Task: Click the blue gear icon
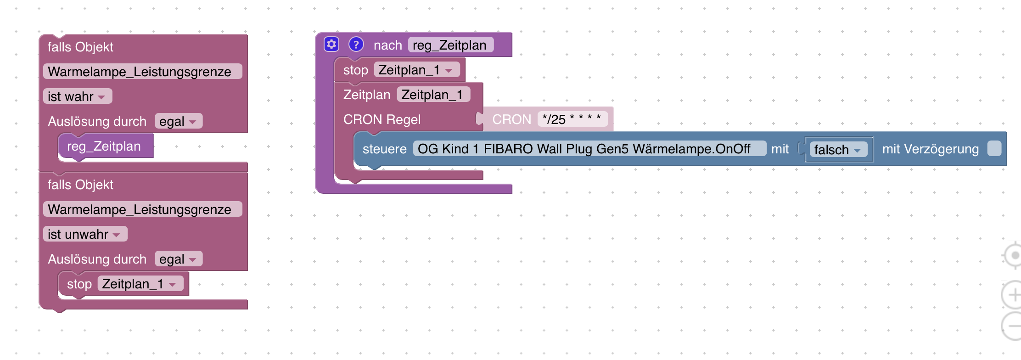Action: (331, 45)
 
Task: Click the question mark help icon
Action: (356, 45)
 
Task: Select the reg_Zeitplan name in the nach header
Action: (450, 45)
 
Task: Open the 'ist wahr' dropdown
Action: (77, 96)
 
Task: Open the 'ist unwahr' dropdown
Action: (84, 234)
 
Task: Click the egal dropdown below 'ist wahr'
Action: (178, 121)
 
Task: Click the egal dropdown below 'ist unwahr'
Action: (178, 259)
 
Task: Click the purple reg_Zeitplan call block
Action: (105, 146)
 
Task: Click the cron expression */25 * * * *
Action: (572, 119)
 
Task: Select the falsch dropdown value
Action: (838, 150)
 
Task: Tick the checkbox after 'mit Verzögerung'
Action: (994, 149)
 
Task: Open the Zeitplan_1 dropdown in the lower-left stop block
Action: (140, 284)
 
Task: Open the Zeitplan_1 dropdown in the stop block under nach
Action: (416, 70)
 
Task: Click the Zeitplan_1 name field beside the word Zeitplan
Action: (432, 95)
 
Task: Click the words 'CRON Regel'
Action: (382, 119)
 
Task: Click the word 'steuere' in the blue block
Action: (384, 149)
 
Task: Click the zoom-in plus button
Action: (1012, 294)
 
